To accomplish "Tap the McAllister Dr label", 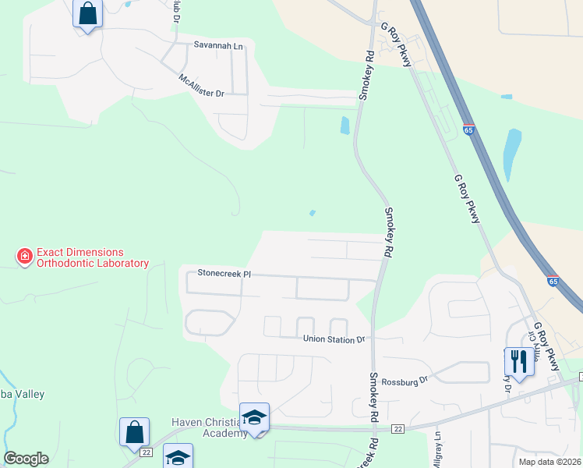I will coord(201,87).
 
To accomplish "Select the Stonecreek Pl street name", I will coord(224,274).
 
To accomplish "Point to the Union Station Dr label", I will coord(334,339).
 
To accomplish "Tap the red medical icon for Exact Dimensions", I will coord(25,256).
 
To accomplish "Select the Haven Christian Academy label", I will coord(210,427).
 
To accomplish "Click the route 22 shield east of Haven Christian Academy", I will coord(397,429).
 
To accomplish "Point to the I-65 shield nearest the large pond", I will coord(468,130).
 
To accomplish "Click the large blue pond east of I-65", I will coord(511,154).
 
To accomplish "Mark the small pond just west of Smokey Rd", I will coord(344,125).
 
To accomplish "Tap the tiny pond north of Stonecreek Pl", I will coord(313,212).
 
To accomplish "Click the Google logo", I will coord(26,459).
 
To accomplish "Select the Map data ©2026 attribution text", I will coord(549,462).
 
